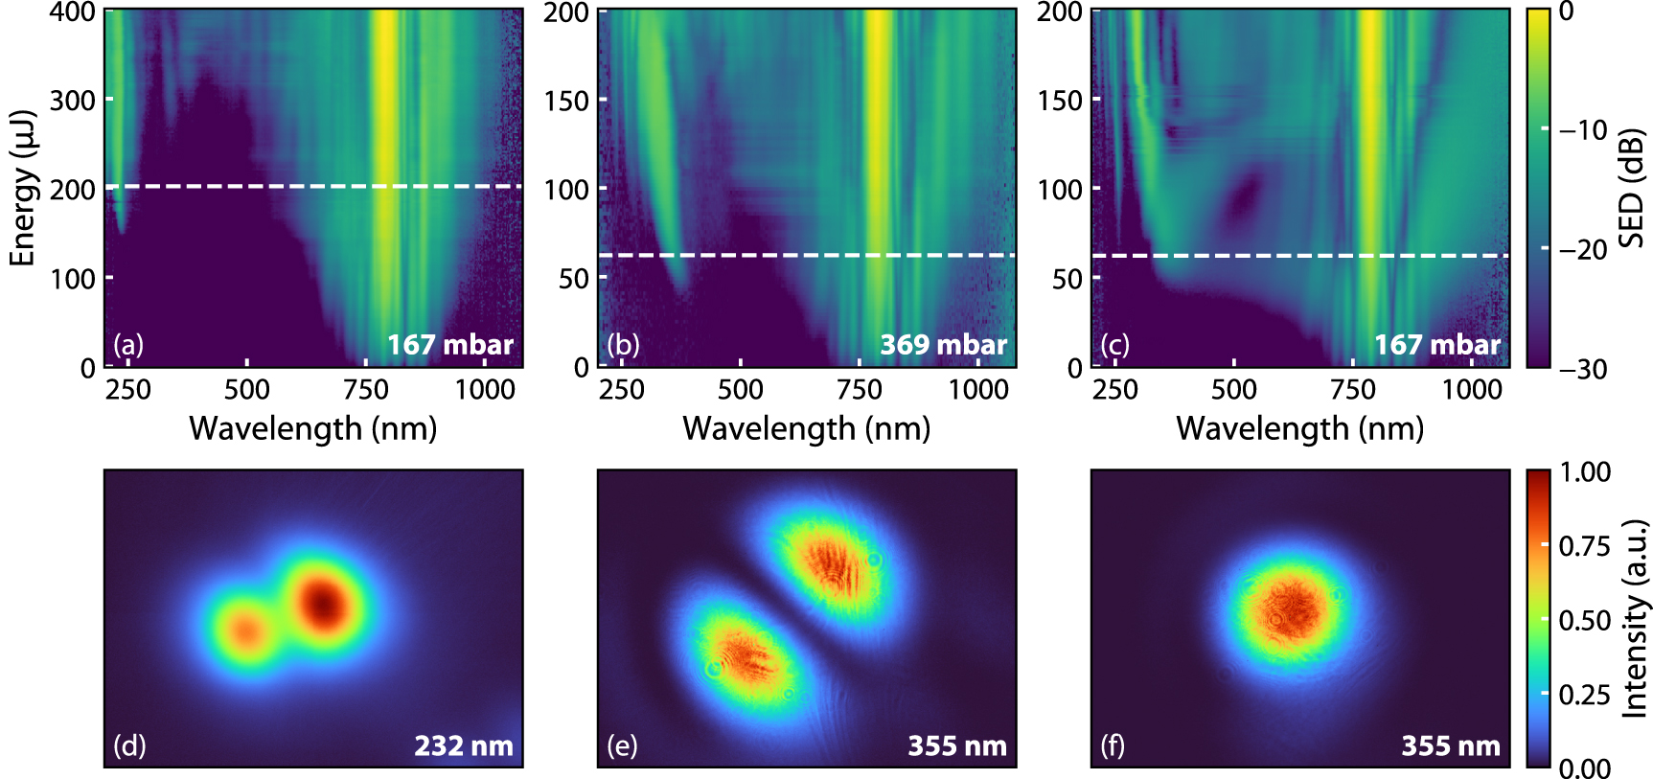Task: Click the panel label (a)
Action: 128,345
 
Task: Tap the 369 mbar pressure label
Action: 943,345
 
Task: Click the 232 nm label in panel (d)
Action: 463,745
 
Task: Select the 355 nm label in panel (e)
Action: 956,745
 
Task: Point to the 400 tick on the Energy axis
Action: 72,12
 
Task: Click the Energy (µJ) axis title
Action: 22,189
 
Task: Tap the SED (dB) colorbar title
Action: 1631,189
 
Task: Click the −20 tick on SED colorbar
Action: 1583,249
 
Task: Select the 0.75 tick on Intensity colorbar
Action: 1584,546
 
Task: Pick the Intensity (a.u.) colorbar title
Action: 1634,619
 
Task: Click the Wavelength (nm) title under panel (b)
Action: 806,428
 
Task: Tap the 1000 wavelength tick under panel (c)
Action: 1472,390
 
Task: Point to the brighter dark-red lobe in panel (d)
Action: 324,602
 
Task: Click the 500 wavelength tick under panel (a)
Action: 246,390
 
